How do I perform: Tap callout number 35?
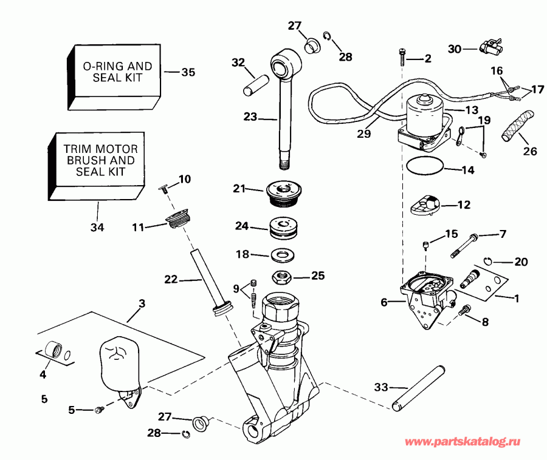(x=188, y=72)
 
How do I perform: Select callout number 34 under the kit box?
(x=97, y=228)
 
